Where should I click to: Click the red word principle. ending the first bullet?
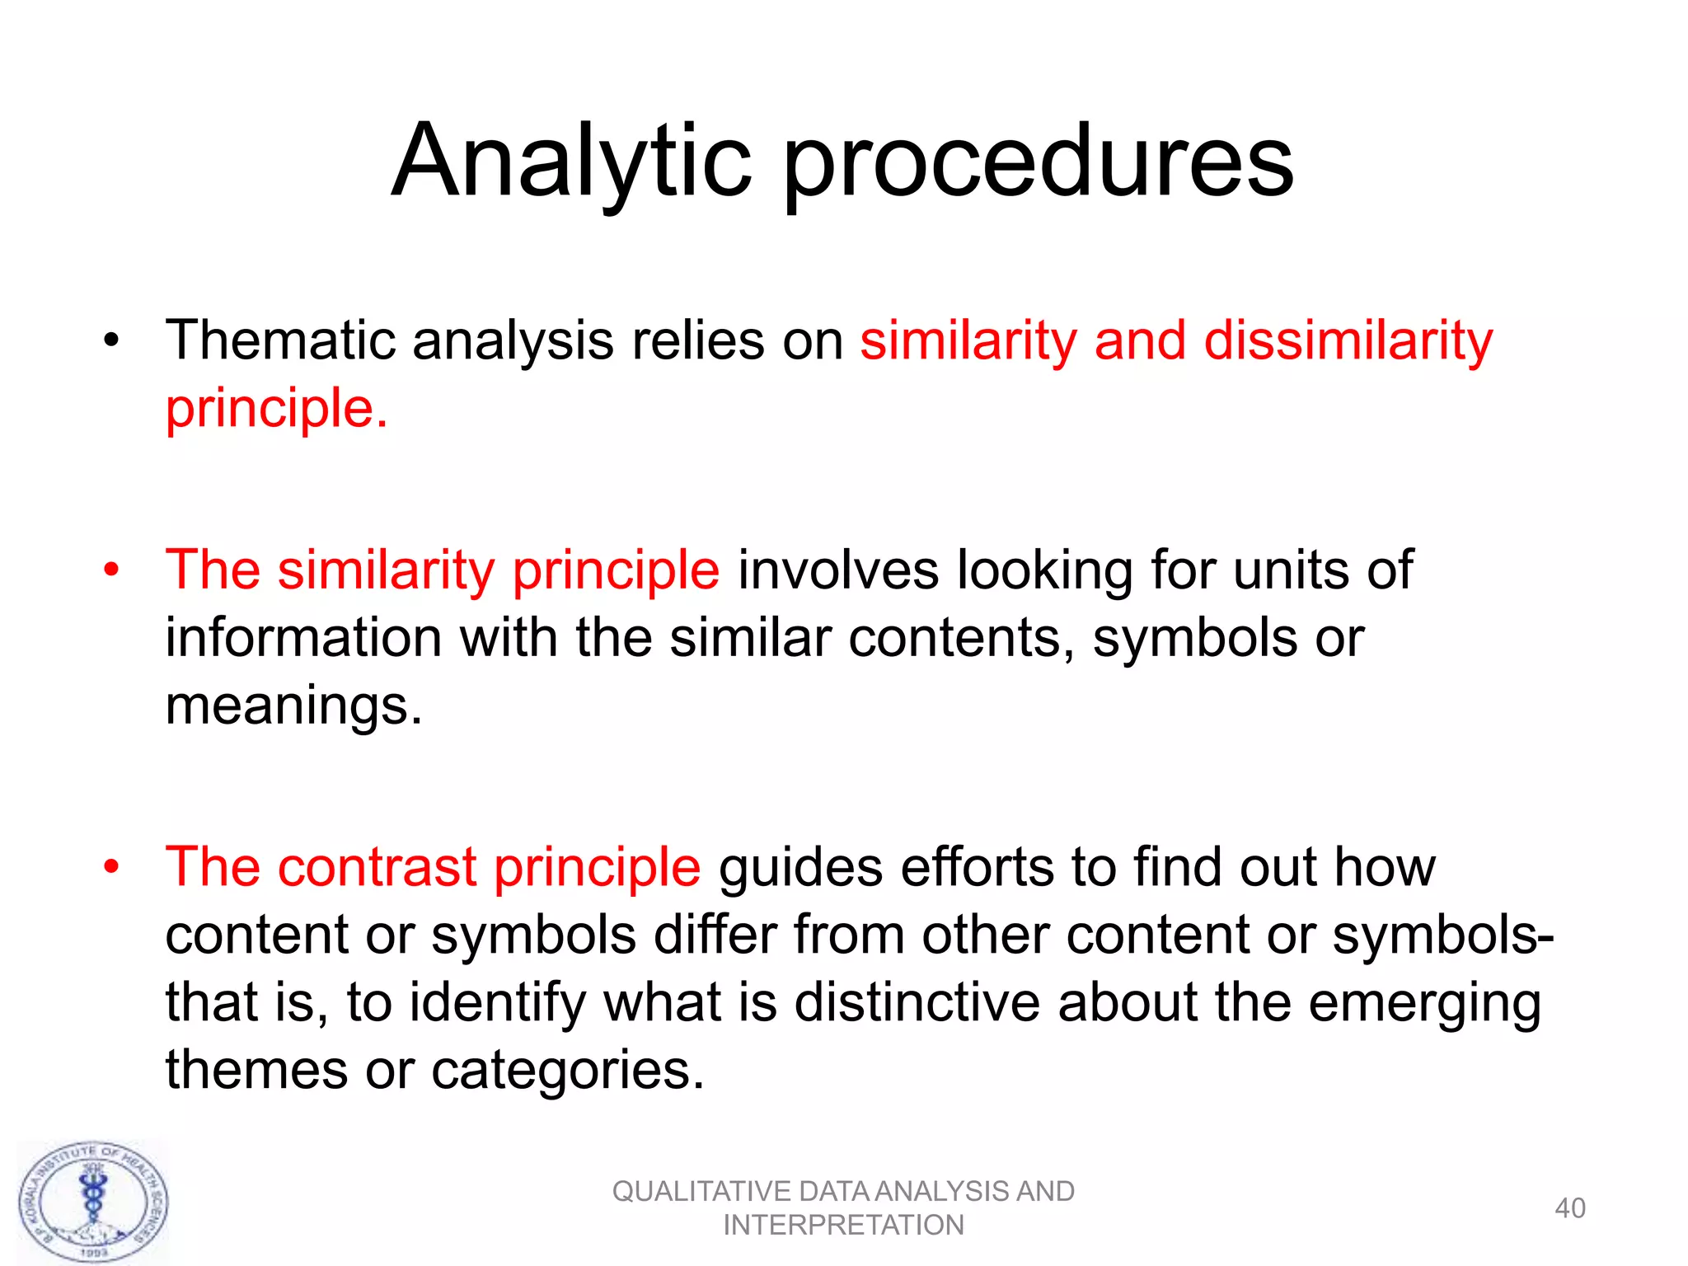(x=276, y=410)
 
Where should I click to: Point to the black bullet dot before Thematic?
(x=111, y=340)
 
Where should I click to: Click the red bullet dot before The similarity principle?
(x=111, y=570)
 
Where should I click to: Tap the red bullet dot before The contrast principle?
(x=111, y=867)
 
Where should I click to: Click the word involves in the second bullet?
(x=837, y=570)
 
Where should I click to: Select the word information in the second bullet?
(x=303, y=638)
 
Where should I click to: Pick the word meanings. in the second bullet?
(x=293, y=706)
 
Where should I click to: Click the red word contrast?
(x=377, y=867)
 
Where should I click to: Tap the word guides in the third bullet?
(x=799, y=867)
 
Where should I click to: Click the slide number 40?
(x=1569, y=1208)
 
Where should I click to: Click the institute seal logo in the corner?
(x=93, y=1201)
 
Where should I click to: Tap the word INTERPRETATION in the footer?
(x=842, y=1226)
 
